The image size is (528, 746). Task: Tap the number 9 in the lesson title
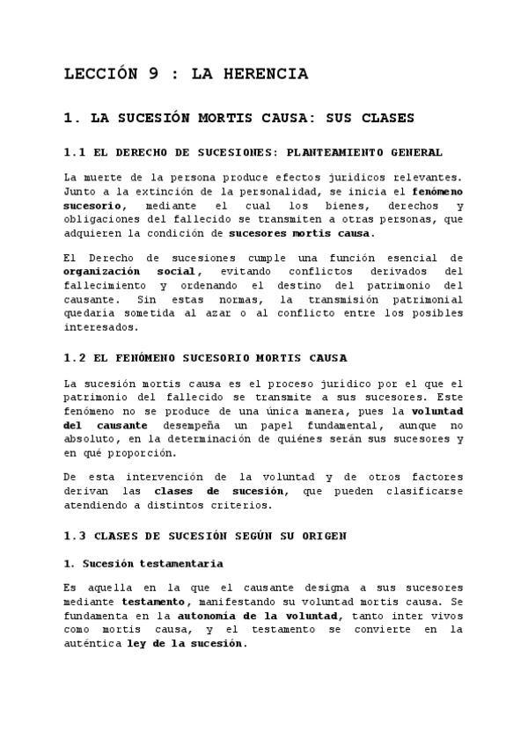point(154,75)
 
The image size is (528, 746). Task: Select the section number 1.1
point(76,153)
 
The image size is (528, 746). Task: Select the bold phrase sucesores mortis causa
point(300,233)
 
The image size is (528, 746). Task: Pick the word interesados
point(101,328)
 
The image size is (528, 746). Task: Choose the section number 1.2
point(77,358)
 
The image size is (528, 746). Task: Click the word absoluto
point(91,440)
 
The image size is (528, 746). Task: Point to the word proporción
point(138,454)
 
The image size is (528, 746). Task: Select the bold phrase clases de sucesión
point(220,492)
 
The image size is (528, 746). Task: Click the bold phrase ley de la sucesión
point(187,644)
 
